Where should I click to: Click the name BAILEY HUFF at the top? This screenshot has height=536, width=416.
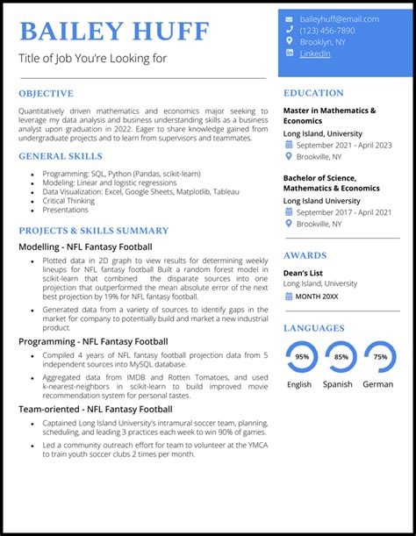pos(114,32)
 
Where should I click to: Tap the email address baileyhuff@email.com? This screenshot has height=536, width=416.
pos(340,19)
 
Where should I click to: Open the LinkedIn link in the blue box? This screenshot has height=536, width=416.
pos(315,54)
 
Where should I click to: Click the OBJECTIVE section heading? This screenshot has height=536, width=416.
pos(46,93)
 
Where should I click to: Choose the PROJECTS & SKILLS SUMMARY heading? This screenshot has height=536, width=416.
pos(93,231)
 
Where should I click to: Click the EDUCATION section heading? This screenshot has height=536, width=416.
pos(313,93)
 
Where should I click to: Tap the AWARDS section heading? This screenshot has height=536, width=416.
pos(305,255)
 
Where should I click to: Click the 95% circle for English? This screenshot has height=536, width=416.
pos(302,357)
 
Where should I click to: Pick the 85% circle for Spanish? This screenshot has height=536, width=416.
pos(341,357)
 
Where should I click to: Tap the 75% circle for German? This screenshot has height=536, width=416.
pos(380,357)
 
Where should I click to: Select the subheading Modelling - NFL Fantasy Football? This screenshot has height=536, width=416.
pos(85,247)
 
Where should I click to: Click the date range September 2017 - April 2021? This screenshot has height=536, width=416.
pos(344,212)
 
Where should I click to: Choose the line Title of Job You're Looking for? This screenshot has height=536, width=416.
pos(92,59)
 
